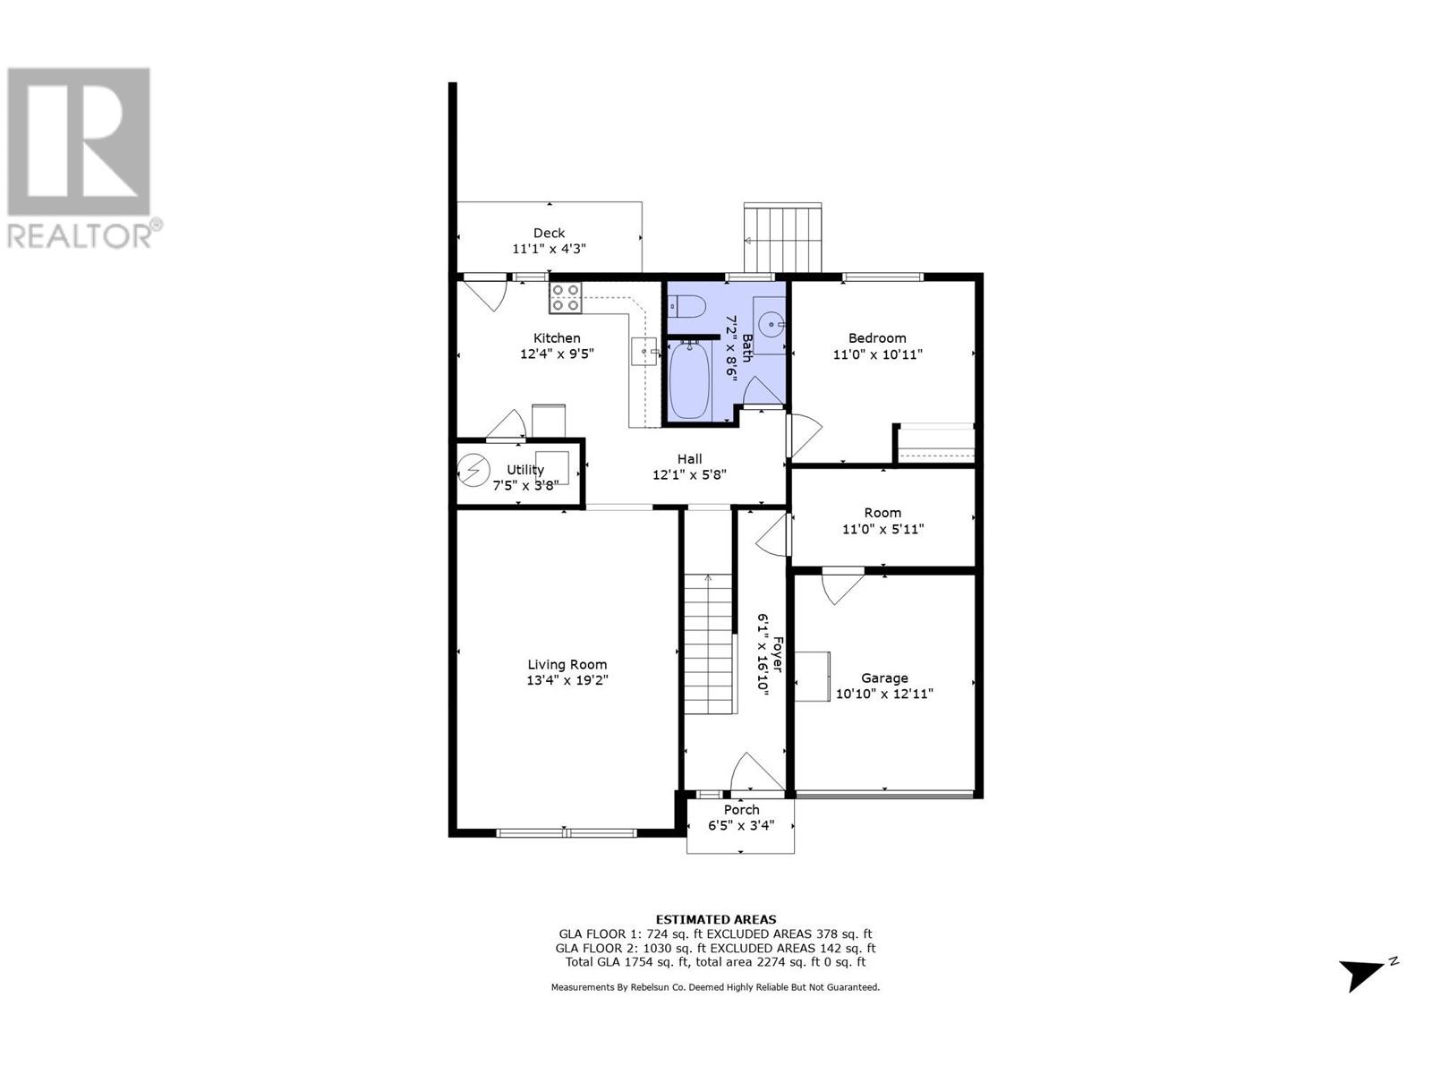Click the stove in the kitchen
click(565, 297)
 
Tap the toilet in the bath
click(686, 308)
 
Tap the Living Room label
click(567, 664)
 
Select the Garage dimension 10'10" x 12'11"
click(884, 694)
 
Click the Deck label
click(549, 233)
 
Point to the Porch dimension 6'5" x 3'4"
click(741, 826)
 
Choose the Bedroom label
click(877, 337)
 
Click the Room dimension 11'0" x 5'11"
click(882, 529)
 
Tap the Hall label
click(689, 458)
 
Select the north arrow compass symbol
click(1363, 974)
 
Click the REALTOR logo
click(80, 158)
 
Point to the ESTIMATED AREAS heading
click(716, 919)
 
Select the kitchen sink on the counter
click(644, 352)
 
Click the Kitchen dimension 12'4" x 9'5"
click(557, 354)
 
